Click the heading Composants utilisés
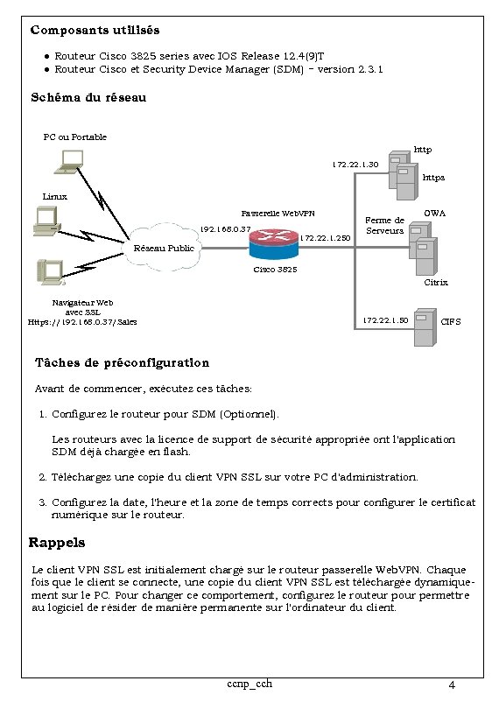95,30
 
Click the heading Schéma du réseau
88,97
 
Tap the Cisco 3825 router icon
273,242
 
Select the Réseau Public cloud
163,248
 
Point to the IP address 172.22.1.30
355,164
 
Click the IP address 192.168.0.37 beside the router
226,229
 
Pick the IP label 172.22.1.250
325,237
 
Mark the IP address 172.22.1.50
385,320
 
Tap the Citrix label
435,283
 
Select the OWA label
434,213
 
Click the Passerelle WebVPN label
277,213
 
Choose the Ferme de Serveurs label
384,225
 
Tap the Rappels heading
57,543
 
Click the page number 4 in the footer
450,684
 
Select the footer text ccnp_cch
249,683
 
